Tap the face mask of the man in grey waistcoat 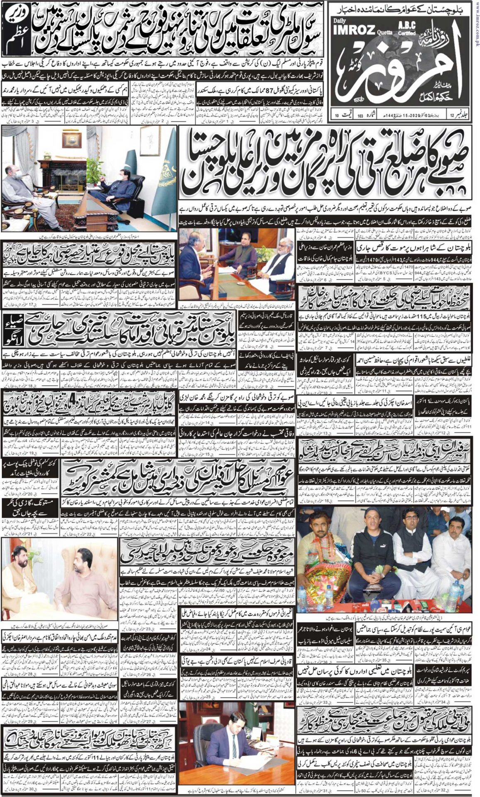15,174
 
